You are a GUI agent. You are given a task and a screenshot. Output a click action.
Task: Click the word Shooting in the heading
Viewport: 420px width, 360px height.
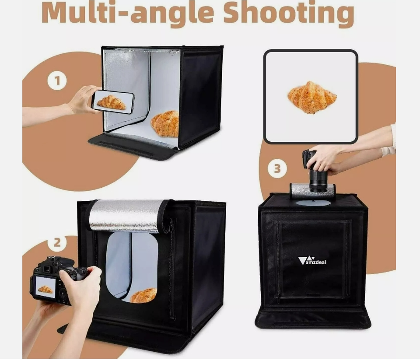coord(288,14)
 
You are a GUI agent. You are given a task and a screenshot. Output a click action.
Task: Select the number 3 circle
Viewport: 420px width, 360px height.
coord(277,168)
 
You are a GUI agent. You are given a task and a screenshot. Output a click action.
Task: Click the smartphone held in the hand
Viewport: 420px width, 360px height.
coord(113,102)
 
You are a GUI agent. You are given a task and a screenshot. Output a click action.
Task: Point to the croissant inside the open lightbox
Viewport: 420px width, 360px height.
coord(165,124)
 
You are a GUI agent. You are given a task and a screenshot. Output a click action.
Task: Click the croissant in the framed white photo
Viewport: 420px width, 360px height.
coord(312,97)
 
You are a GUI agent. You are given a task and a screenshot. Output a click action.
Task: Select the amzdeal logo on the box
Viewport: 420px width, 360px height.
coord(312,261)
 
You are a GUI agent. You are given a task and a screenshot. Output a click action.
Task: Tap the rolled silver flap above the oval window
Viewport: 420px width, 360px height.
coord(125,216)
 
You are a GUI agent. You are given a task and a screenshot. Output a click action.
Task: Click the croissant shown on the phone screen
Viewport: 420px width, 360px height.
coord(111,102)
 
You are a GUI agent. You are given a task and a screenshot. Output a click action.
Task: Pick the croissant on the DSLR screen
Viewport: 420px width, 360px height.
coord(45,289)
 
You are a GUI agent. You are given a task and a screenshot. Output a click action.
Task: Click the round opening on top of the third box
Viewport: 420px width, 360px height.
coord(313,203)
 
